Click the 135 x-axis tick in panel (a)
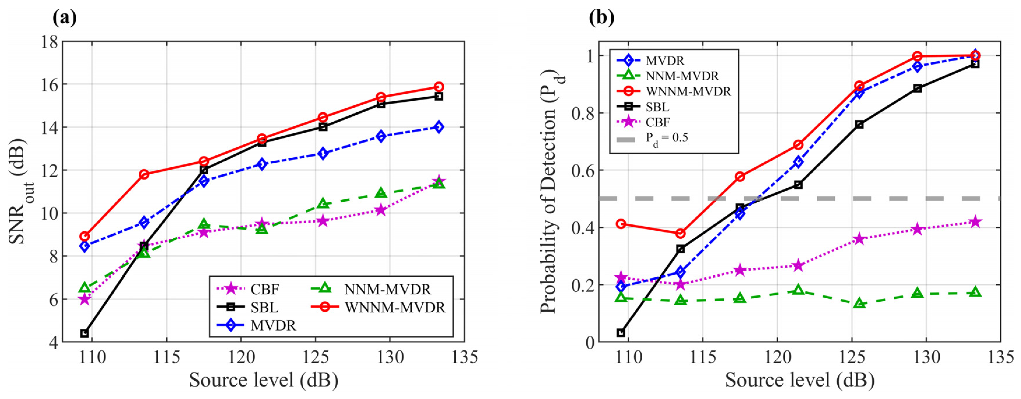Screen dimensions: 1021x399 (x=464, y=357)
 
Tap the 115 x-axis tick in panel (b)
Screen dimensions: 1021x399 (x=703, y=357)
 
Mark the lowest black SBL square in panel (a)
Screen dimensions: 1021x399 (x=85, y=333)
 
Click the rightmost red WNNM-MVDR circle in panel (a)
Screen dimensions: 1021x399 (x=438, y=87)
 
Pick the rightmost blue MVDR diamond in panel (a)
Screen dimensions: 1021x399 (x=438, y=127)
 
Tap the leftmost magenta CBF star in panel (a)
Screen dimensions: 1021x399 (x=85, y=299)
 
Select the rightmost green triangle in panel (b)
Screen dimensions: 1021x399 (x=976, y=292)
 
